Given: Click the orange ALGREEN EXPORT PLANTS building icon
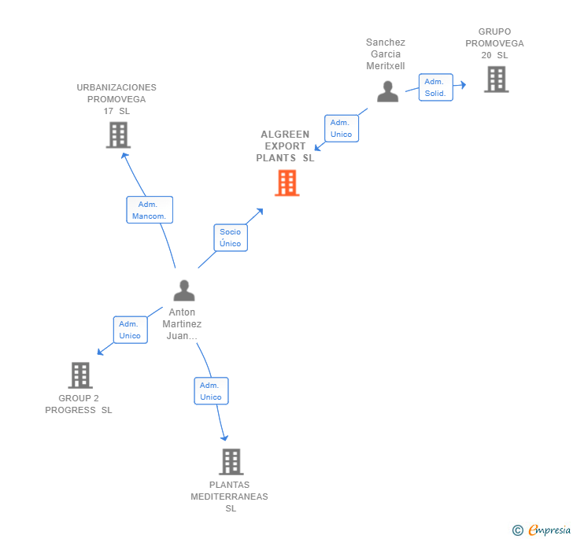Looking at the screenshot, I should [286, 183].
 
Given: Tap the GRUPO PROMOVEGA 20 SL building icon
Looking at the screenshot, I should [496, 79].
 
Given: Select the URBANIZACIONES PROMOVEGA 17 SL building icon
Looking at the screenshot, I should [118, 135].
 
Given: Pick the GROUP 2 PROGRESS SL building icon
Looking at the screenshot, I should [80, 375].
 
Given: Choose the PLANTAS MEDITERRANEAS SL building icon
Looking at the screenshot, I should [231, 462].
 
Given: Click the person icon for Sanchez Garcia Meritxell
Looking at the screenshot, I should [387, 92].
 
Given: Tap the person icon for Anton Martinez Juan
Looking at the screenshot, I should [183, 290].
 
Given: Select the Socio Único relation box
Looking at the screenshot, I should [231, 238].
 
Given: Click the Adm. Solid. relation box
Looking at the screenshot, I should [435, 87].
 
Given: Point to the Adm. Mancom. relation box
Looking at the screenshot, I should [149, 210].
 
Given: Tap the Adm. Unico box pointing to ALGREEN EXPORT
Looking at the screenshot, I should [341, 128].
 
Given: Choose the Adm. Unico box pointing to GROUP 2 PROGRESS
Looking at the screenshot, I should [130, 330].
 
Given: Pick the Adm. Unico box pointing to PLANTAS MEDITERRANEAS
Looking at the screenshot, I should [211, 391].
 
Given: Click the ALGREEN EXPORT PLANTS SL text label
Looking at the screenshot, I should [285, 146].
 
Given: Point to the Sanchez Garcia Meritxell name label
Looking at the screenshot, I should [386, 54].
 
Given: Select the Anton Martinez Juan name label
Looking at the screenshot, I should [182, 324].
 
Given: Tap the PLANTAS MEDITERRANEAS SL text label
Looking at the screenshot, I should [230, 497].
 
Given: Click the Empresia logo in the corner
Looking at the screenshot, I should [549, 530].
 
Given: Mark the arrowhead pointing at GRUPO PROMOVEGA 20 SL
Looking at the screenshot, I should [464, 84].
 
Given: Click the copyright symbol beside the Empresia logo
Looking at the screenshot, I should [517, 530].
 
